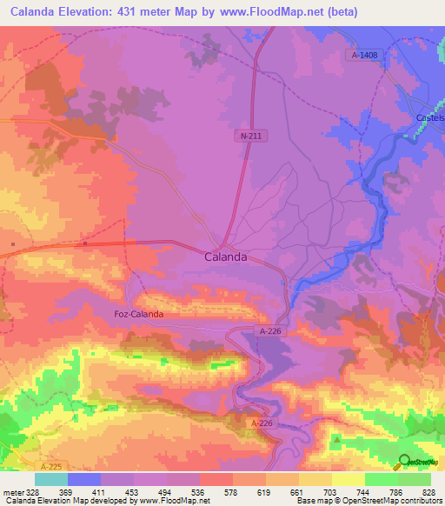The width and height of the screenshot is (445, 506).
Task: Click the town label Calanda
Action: [225, 257]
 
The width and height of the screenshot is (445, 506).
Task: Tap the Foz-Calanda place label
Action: [139, 315]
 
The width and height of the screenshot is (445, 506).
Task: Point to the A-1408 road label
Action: [365, 55]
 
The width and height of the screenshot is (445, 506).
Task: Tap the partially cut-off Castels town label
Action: [428, 117]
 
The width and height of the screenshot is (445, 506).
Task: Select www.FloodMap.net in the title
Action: [271, 11]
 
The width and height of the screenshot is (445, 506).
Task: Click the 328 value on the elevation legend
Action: [34, 491]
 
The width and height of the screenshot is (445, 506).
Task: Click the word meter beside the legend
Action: [12, 491]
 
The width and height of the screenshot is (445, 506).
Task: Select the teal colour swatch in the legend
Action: [50, 479]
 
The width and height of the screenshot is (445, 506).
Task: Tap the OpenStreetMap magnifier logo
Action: [405, 462]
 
